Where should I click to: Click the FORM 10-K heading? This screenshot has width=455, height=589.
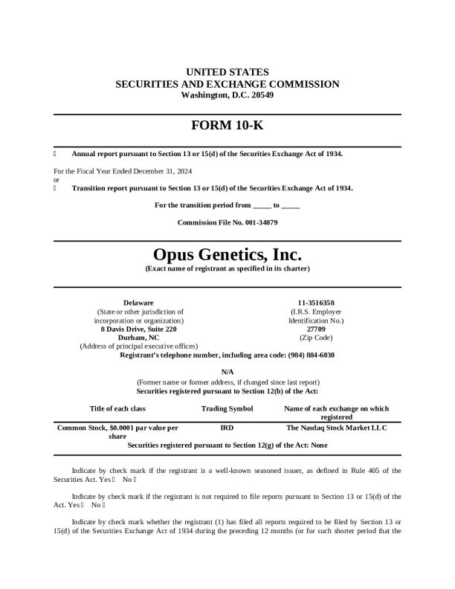pos(227,126)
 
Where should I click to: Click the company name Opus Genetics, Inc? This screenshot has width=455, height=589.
pos(227,255)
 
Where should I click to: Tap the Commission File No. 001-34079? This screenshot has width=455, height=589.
pos(227,222)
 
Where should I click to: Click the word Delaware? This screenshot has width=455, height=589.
pos(138,303)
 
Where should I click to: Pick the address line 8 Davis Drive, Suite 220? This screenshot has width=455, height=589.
pos(138,329)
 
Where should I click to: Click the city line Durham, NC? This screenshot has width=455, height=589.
pos(138,338)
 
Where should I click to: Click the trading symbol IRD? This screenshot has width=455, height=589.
pos(227,428)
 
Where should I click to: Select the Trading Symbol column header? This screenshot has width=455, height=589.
pos(227,408)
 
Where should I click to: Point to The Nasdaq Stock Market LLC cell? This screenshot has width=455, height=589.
pos(336,428)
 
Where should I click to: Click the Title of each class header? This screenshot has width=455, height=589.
pos(117,408)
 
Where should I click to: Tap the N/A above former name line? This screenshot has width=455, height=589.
pos(227,372)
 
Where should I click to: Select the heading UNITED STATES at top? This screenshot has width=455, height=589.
pos(227,72)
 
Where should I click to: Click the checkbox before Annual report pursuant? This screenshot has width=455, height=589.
pos(56,154)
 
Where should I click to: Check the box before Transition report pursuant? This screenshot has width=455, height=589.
pos(56,188)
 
